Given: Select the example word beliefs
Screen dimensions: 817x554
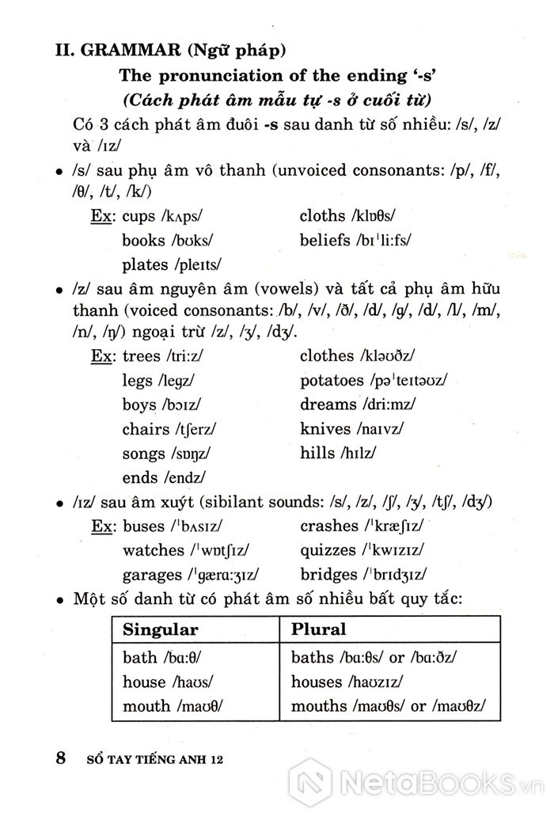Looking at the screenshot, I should (x=324, y=240).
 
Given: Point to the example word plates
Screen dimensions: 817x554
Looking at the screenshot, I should (x=145, y=264).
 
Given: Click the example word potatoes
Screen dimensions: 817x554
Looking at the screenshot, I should (x=332, y=381).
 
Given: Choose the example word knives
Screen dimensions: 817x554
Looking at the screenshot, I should (x=324, y=429).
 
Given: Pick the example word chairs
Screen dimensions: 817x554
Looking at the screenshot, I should (x=146, y=429).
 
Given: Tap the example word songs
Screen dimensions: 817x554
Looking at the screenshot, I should (x=142, y=454).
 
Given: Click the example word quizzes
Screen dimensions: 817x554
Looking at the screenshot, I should (x=328, y=549).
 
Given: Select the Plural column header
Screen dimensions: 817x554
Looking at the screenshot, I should (x=319, y=630).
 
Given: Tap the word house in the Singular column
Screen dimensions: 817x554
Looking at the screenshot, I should (x=144, y=682).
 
